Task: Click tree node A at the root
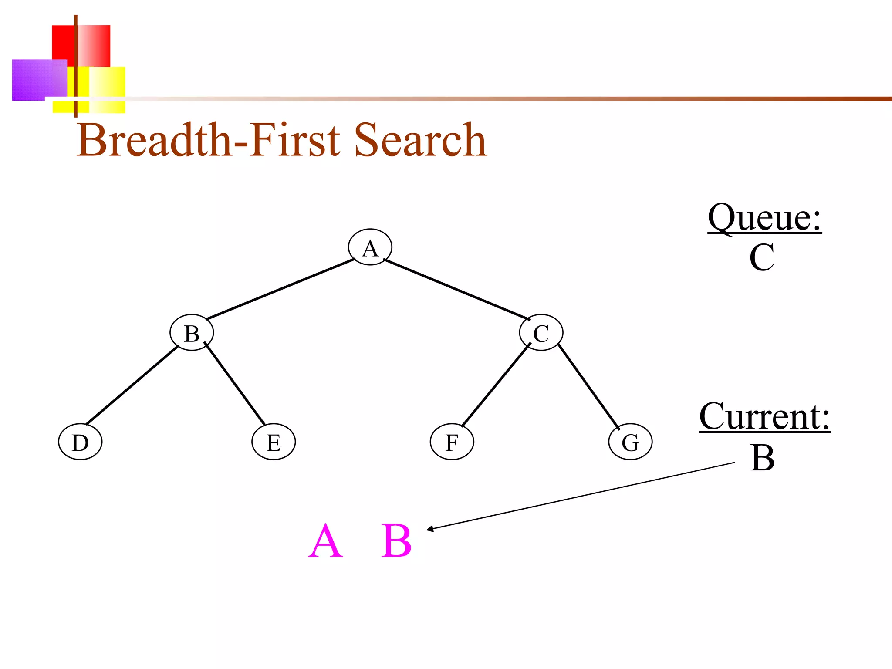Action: tap(370, 247)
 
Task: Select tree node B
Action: tap(192, 333)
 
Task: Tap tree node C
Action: tap(541, 333)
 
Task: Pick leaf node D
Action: tap(80, 442)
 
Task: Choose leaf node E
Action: tap(274, 442)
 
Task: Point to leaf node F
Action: tap(452, 442)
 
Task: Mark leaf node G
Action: tap(630, 442)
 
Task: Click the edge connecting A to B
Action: tap(280, 289)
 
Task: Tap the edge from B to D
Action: tap(132, 385)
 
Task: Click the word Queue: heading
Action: tap(764, 218)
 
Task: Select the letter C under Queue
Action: tap(762, 258)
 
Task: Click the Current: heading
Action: tap(764, 417)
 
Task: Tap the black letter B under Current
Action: tap(762, 458)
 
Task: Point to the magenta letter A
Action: tap(326, 541)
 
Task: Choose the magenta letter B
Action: tap(396, 541)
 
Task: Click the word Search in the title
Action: tap(420, 140)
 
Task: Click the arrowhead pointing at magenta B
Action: tap(430, 529)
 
